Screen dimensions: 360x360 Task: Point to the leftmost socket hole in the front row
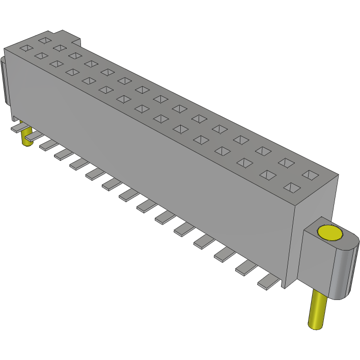click(x=25, y=48)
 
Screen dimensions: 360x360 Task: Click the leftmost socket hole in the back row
click(x=45, y=39)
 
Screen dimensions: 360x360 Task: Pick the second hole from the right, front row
click(x=268, y=175)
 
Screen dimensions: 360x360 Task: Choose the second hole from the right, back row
click(x=286, y=163)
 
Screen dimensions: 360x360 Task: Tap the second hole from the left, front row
click(x=41, y=56)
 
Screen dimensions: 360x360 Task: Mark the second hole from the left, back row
click(x=60, y=48)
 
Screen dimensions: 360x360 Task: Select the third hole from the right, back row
click(x=263, y=151)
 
